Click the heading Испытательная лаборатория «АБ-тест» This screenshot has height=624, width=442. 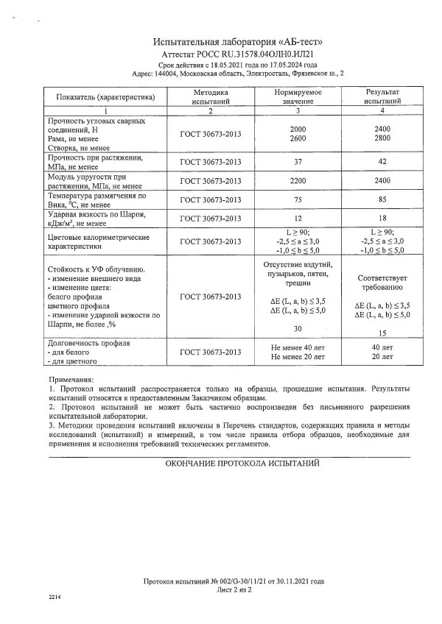pos(237,43)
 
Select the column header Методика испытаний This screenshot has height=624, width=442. pos(211,96)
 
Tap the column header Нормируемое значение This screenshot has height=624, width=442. pos(299,96)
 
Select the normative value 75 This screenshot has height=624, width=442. pos(299,199)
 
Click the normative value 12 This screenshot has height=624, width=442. pos(299,219)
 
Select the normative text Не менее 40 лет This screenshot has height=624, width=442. pos(299,347)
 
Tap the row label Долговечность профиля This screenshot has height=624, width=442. pos(89,343)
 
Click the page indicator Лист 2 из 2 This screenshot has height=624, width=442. pos(234,590)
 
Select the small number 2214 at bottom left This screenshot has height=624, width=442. pos(57,595)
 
